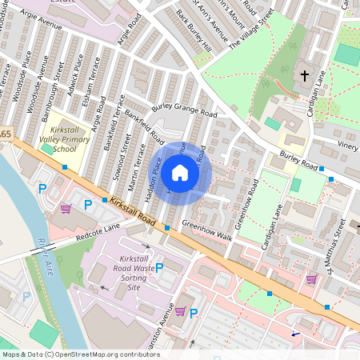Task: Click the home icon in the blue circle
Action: point(180,173)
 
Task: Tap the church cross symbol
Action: point(304,76)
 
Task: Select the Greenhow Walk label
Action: point(206,230)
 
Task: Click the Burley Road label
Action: point(298,161)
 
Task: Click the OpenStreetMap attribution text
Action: point(80,354)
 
